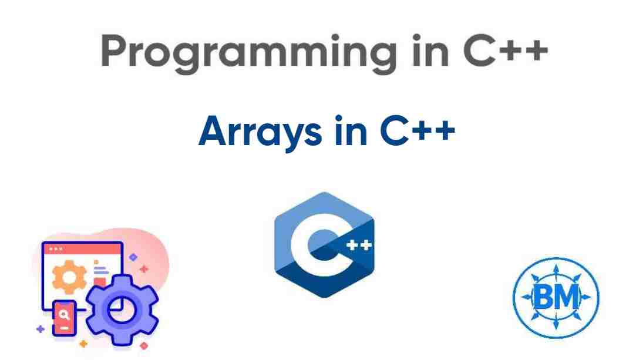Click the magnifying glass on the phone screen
64,314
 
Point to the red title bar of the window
82,249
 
